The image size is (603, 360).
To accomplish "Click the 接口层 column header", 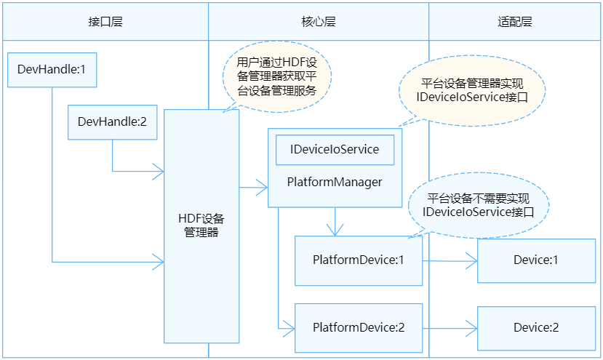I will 105,21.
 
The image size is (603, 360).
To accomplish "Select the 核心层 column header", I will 319,21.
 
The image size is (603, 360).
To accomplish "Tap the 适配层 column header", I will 516,21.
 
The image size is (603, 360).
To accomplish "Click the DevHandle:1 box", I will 52,71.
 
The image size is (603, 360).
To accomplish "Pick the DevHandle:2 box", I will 112,122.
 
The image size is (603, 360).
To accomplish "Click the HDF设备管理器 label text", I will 201,225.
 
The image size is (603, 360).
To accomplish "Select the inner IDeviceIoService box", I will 335,150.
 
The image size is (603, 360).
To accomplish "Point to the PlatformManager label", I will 335,182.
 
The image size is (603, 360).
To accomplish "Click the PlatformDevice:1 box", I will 358,260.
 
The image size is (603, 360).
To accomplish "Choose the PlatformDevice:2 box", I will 358,327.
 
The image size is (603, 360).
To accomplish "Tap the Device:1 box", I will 536,260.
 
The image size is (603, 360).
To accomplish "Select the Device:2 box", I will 536,327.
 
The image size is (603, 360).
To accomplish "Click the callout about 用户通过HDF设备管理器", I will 276,76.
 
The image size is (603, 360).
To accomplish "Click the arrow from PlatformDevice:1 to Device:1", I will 450,260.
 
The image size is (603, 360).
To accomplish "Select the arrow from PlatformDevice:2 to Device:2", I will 450,327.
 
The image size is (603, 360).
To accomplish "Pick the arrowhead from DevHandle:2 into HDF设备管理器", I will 157,172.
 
